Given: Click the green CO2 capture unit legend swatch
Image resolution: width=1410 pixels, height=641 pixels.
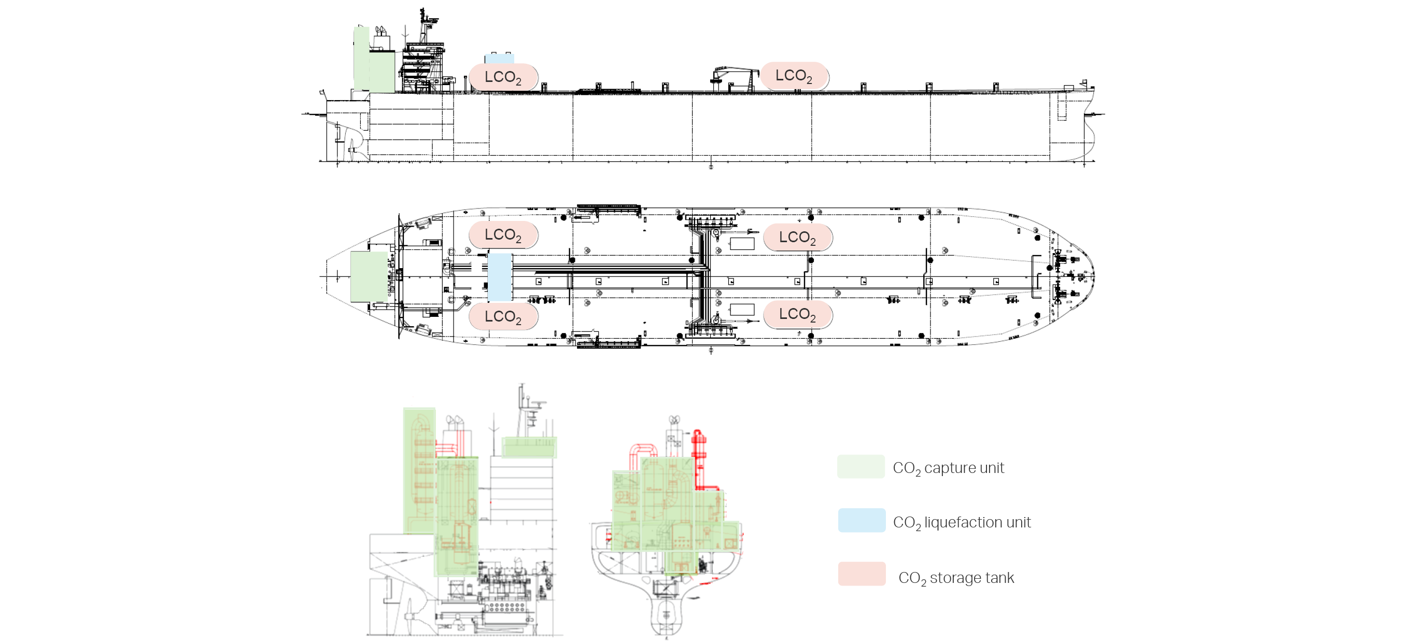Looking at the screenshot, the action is (x=861, y=466).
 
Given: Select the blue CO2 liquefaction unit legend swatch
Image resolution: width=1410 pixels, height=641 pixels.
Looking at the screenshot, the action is (x=862, y=520).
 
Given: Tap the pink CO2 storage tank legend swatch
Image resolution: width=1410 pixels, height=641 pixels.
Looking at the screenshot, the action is (x=862, y=574).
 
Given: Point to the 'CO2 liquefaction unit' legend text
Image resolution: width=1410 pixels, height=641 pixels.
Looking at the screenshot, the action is (x=962, y=523).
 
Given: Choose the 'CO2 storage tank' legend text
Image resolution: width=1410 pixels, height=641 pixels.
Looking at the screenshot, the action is (x=956, y=578).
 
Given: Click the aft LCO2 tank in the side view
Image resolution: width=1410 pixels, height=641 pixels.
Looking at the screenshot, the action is (x=503, y=77).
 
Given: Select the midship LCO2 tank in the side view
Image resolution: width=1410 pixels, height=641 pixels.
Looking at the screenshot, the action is (x=794, y=76).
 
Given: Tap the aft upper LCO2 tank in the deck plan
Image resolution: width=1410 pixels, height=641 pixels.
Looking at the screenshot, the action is (x=503, y=235).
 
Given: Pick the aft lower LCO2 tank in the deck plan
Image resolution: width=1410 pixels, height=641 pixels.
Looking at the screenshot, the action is (x=503, y=316).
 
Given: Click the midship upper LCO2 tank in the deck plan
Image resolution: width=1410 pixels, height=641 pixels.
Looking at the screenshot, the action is (x=797, y=238).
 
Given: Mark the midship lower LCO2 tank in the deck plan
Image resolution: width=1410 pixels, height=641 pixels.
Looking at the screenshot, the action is (x=797, y=314).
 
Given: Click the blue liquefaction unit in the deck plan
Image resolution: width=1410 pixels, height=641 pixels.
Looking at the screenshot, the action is (x=500, y=277).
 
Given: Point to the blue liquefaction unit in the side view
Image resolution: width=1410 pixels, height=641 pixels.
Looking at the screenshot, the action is (x=499, y=59).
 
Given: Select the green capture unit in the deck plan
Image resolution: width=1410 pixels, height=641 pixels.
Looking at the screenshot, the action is (x=369, y=276).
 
